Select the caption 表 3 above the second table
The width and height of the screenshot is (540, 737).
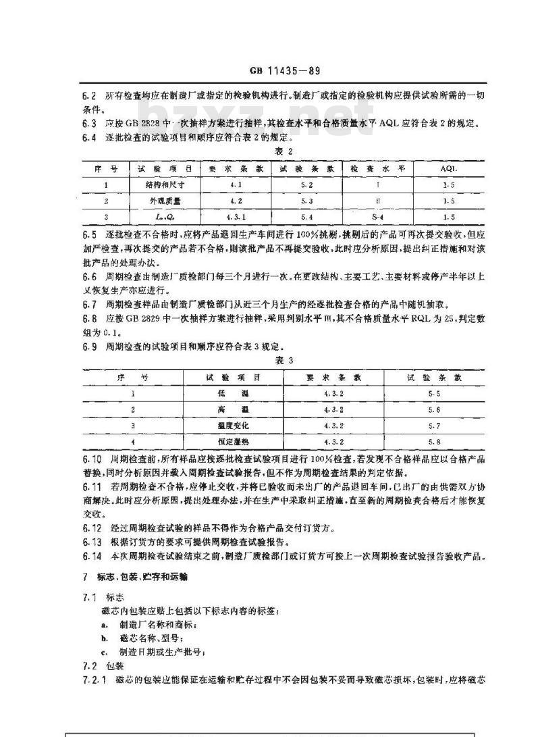click(284, 361)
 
